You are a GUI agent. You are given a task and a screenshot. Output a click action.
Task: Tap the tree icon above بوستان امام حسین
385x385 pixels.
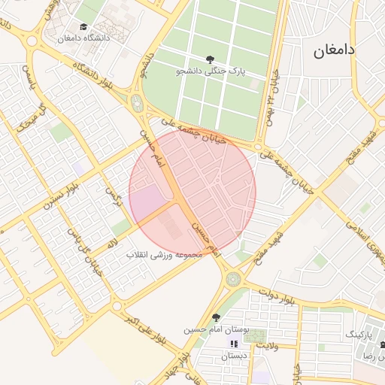click(x=217, y=317)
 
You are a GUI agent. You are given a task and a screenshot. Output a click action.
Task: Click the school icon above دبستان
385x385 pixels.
click(x=233, y=344)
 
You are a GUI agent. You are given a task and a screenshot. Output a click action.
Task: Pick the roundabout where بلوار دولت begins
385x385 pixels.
click(x=233, y=279)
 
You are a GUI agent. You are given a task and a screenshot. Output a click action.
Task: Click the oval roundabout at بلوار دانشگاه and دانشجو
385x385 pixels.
click(x=137, y=102)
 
